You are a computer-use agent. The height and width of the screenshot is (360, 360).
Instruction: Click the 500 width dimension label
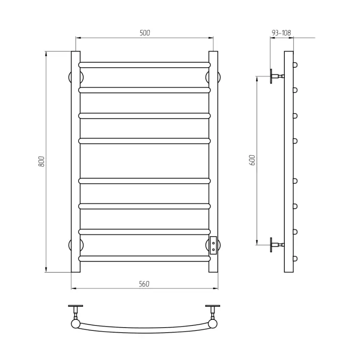click(145, 33)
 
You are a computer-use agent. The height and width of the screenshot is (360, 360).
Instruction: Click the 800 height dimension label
click(41, 161)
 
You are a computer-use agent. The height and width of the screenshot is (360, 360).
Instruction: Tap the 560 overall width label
click(144, 284)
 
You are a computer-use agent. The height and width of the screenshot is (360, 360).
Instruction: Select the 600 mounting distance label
click(252, 160)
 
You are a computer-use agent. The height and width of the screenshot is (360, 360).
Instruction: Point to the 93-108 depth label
click(281, 33)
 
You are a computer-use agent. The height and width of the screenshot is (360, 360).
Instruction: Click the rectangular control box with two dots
click(213, 245)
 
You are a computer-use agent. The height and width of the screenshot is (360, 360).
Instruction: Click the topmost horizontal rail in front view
click(144, 65)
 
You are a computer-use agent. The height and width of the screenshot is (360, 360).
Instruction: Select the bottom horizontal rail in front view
click(144, 259)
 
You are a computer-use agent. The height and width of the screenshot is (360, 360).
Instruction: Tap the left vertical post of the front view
click(76, 162)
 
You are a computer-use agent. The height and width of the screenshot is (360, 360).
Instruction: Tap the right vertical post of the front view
click(213, 162)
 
